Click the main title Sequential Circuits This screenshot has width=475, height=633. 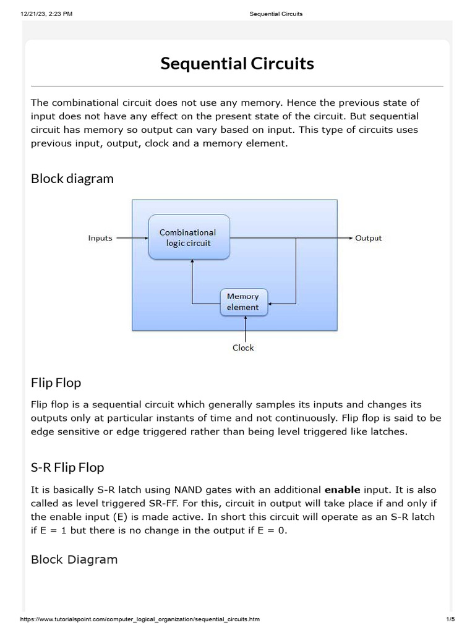pos(237,64)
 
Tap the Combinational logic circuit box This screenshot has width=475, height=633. pos(189,237)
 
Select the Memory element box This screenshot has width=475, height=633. pos(244,302)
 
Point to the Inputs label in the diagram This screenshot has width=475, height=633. pos(100,238)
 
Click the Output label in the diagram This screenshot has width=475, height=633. pos(369,238)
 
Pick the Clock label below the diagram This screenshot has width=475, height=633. pos(243,347)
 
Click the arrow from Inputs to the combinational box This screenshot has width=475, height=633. pos(132,237)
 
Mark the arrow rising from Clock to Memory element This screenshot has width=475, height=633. pos(245,328)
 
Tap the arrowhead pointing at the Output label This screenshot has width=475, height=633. pos(350,237)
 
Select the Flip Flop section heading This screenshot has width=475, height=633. pos(56,383)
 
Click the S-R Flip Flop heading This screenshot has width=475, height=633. pos(67,467)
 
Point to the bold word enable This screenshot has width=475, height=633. pos(342,490)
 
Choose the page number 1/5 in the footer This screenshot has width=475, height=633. pos(450,619)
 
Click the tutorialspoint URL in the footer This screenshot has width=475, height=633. pos(140,619)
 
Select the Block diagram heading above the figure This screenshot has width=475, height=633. pos(72,179)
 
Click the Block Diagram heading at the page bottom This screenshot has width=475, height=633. pos(74,559)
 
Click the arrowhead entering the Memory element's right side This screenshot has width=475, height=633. pos(272,304)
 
